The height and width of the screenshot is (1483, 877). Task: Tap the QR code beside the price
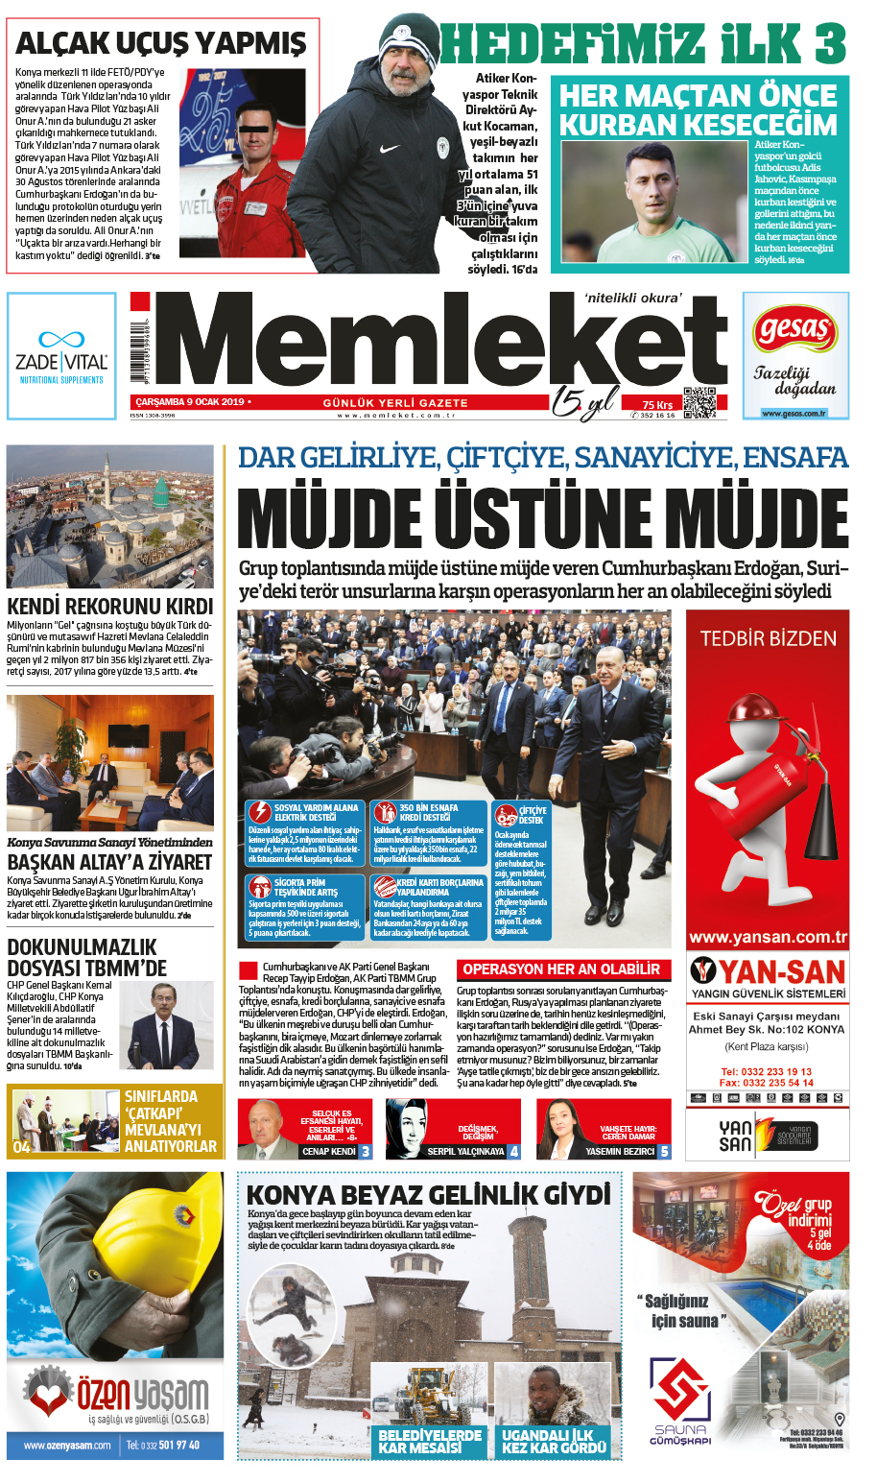(x=699, y=402)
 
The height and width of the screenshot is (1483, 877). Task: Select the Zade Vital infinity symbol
(x=61, y=339)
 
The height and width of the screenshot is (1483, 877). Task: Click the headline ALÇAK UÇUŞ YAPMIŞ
(x=160, y=43)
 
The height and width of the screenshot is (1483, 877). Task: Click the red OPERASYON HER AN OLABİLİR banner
(x=561, y=969)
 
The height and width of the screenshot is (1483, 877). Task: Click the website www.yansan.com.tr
(x=768, y=937)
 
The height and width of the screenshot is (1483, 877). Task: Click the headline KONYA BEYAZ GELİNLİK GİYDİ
(x=428, y=1194)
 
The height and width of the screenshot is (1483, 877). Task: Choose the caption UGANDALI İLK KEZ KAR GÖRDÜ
(x=554, y=1441)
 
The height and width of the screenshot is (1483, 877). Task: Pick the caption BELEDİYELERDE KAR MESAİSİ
(x=429, y=1441)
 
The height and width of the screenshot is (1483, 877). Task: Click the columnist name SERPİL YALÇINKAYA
(x=465, y=1151)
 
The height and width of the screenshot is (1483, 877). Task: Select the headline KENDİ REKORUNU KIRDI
(x=109, y=606)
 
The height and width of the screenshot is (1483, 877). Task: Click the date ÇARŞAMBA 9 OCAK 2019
(x=190, y=401)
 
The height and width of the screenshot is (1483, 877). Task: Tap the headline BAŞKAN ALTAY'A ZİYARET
(x=109, y=861)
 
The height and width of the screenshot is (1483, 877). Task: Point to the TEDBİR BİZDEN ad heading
(x=768, y=638)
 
